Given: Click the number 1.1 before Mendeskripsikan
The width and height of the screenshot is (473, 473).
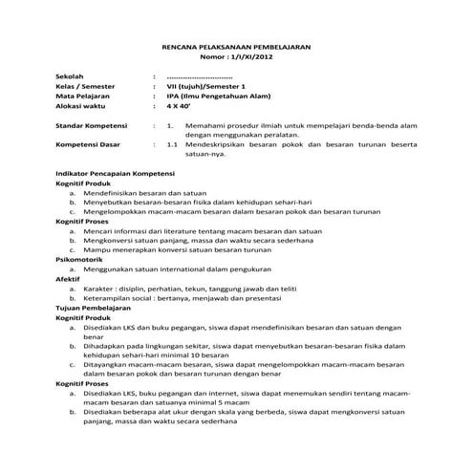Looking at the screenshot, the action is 172,145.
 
